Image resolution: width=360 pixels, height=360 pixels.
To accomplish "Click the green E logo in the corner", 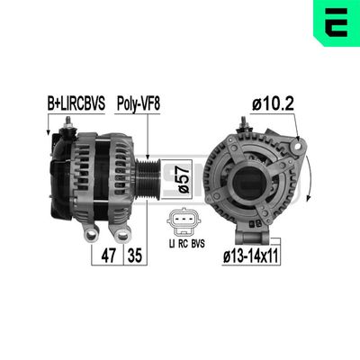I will pos(335,22).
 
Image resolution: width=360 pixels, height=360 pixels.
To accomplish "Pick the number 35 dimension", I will pos(134,255).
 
